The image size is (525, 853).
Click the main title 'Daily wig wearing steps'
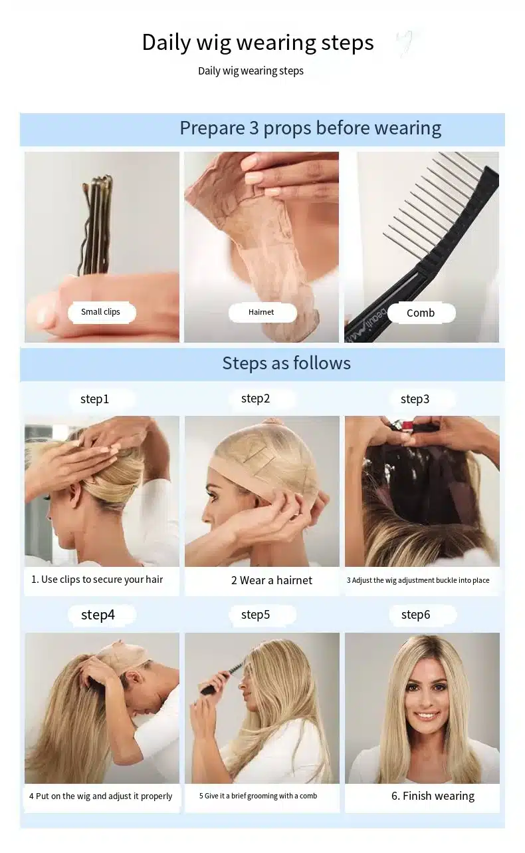(x=258, y=43)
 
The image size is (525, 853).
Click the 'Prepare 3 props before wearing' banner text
(x=310, y=128)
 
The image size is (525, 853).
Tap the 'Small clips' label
(x=100, y=312)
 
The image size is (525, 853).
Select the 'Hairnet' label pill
(x=261, y=312)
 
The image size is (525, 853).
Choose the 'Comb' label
(x=421, y=313)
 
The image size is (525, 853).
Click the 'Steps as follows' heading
(x=286, y=363)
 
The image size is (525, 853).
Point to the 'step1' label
(x=95, y=399)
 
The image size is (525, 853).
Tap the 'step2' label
(x=256, y=399)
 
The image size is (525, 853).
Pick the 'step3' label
(x=415, y=399)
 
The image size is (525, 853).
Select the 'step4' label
(x=98, y=615)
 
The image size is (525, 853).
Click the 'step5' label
(x=256, y=615)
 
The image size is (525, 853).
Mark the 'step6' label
(x=416, y=615)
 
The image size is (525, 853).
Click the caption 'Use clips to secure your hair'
(x=102, y=580)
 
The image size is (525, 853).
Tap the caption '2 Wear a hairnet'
(x=272, y=580)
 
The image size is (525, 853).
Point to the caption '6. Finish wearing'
(x=433, y=796)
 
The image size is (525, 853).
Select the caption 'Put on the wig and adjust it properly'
(x=104, y=796)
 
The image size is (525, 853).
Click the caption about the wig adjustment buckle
(x=418, y=580)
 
